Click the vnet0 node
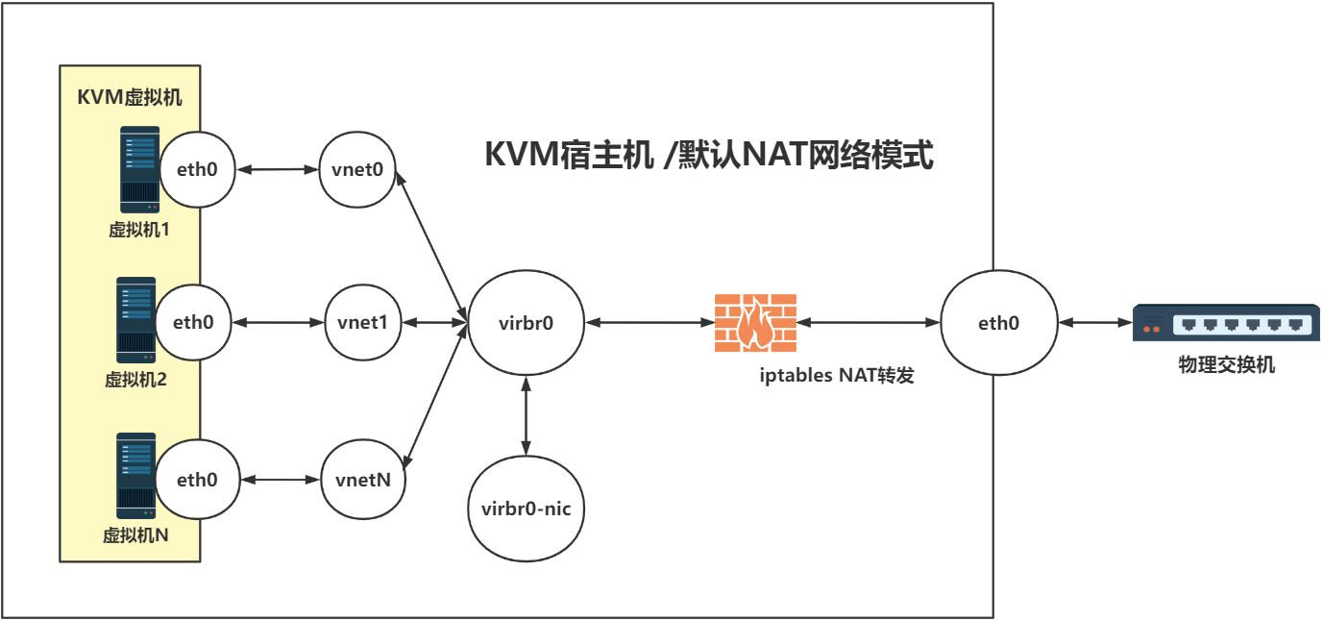[357, 170]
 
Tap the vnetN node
[363, 479]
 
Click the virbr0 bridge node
[526, 323]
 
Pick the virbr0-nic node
[526, 509]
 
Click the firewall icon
[755, 323]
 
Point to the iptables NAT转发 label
[836, 376]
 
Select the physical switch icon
[1226, 323]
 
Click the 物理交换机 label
[1227, 365]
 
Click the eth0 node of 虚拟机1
[198, 170]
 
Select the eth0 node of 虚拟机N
[198, 479]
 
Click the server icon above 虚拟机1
[139, 169]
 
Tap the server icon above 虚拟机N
[136, 475]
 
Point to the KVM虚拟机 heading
[130, 97]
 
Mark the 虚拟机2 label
[135, 379]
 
